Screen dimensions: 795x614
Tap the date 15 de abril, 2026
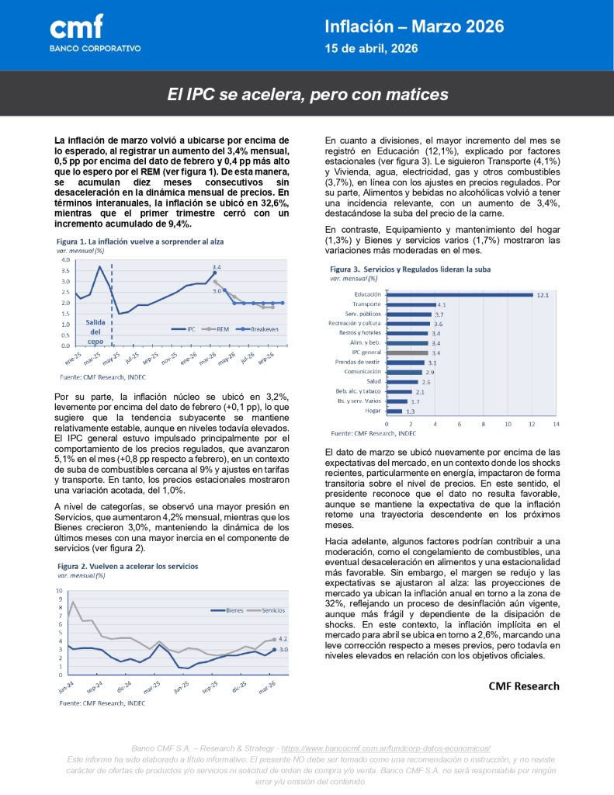click(x=372, y=48)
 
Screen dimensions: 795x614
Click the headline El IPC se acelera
click(x=308, y=95)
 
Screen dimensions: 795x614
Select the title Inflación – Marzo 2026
click(x=415, y=26)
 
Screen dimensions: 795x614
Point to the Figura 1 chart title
click(x=140, y=241)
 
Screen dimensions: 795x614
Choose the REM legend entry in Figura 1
click(x=218, y=329)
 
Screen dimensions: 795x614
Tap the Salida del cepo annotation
click(x=95, y=332)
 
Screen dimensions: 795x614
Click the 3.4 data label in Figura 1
click(x=217, y=266)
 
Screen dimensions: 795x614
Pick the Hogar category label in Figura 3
click(x=373, y=411)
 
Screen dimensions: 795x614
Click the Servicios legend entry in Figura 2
click(x=272, y=610)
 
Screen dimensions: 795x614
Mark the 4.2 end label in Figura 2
click(x=283, y=638)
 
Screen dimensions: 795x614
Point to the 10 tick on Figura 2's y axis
click(x=60, y=591)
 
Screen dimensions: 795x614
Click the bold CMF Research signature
click(x=523, y=686)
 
